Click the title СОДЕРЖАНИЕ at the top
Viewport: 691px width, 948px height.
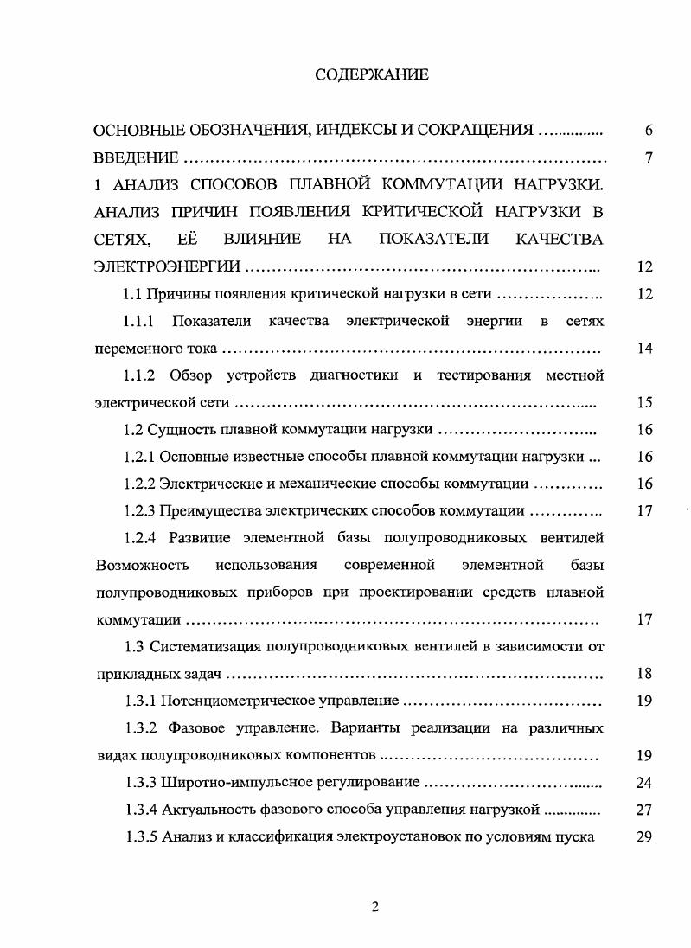click(371, 75)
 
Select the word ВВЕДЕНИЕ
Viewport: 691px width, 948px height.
click(136, 158)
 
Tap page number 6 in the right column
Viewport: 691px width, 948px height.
click(647, 131)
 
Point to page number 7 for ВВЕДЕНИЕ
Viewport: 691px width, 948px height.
click(647, 158)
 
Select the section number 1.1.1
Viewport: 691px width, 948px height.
click(138, 322)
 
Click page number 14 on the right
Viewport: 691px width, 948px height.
click(643, 349)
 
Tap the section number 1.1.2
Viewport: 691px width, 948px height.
click(138, 375)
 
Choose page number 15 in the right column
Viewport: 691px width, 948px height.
click(643, 402)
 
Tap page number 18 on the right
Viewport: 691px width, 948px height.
click(643, 674)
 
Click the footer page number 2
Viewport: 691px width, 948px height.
click(374, 906)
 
